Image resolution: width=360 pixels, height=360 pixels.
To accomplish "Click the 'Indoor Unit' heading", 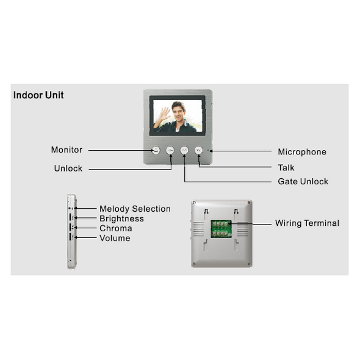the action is coord(38,95).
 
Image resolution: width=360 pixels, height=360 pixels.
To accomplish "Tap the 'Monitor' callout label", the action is coord(67,149).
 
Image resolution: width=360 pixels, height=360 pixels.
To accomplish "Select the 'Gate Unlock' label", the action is coord(303,181).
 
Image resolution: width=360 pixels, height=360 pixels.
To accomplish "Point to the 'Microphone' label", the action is coord(302,152).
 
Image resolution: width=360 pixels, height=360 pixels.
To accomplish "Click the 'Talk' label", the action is coord(286,168).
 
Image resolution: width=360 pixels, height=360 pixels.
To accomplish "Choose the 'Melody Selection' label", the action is coord(135,209).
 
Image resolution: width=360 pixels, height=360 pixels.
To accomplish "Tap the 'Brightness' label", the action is coord(121,218).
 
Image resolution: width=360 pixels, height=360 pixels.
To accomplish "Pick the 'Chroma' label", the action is coord(116,228).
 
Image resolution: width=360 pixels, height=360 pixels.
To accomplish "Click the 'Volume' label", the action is coord(115,238).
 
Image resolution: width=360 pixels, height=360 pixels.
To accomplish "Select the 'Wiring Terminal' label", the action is coord(307,223).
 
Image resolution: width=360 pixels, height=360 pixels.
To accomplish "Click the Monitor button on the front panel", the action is coord(156,150).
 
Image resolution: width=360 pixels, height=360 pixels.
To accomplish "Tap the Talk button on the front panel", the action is coord(198,150).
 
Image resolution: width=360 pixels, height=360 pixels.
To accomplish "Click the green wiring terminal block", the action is coord(221,229).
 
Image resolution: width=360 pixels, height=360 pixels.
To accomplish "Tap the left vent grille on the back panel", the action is coord(198,229).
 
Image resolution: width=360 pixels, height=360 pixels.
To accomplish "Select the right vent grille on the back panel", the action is coord(242,229).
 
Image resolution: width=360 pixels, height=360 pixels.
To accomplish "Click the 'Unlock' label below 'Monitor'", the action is coord(68,168).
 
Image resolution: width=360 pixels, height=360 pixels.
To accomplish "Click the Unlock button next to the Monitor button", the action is coord(170,150).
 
